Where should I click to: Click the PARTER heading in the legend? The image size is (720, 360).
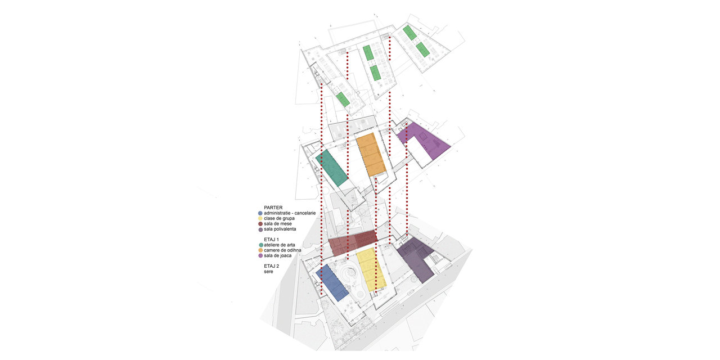tap(273, 208)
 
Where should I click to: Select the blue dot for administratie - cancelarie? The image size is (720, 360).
tap(260, 213)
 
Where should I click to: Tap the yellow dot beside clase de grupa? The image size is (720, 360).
tap(260, 219)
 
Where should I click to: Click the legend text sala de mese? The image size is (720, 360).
tap(278, 224)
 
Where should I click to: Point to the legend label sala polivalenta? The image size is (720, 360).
tap(280, 229)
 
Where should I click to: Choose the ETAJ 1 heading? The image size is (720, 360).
tap(271, 240)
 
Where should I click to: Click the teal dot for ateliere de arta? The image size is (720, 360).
tap(260, 245)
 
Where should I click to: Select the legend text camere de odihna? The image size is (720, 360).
tap(282, 250)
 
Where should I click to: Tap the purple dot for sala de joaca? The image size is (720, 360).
tap(260, 255)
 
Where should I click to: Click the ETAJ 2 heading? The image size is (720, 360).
tap(271, 266)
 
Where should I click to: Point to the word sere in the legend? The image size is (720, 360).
tap(268, 272)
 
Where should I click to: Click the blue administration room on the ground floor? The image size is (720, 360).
tap(332, 283)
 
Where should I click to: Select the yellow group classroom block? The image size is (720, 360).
tap(371, 269)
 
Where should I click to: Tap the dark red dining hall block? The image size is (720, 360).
tap(353, 242)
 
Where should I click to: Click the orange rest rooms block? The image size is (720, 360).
tap(371, 154)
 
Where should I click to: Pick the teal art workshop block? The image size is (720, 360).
tap(332, 168)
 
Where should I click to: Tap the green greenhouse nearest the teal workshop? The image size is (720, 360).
tap(343, 100)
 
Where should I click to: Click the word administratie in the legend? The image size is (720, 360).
tap(276, 213)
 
